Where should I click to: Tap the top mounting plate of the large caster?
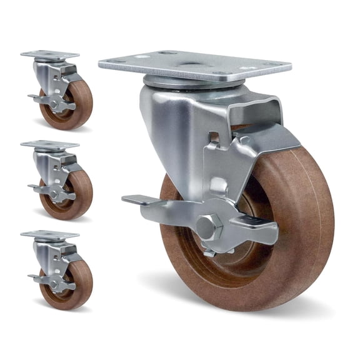(194, 65)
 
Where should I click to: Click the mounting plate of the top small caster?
(50, 55)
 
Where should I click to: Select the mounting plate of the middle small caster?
(50, 145)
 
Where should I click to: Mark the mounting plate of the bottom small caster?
(50, 235)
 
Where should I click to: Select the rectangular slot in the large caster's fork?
(214, 136)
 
